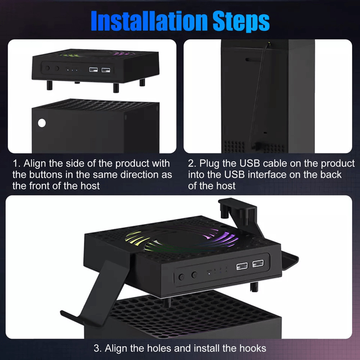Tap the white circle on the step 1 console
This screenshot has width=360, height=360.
point(42,123)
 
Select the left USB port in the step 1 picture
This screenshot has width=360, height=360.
point(93,69)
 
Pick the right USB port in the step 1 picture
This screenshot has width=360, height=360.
point(106,69)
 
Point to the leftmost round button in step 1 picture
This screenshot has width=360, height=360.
point(47,68)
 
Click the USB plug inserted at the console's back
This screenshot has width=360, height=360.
point(258,146)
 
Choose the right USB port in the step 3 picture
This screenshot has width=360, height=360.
point(257,265)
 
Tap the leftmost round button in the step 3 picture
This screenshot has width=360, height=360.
point(182,277)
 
